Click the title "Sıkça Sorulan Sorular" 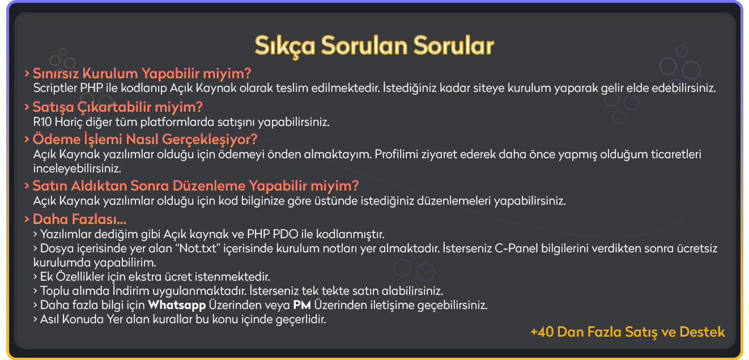(x=374, y=46)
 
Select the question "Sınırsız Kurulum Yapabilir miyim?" (x=142, y=74)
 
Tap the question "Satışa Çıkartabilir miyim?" (x=118, y=107)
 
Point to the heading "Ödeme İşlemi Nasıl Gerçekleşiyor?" (x=145, y=139)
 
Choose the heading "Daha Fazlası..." (x=79, y=219)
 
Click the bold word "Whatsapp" (x=177, y=305)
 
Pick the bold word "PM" (x=302, y=305)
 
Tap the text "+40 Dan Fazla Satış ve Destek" (x=628, y=332)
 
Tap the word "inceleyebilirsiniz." (x=77, y=168)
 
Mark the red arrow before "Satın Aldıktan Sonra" (x=27, y=186)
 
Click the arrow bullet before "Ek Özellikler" (x=35, y=277)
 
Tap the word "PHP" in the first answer (x=92, y=88)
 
